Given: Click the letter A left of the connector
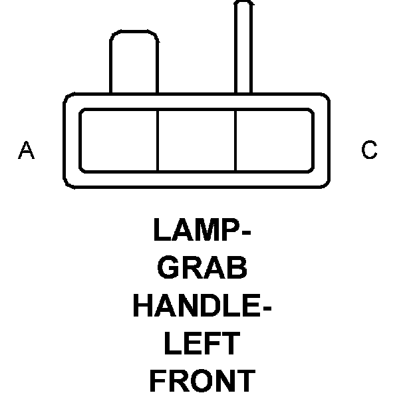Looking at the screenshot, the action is pos(26,150).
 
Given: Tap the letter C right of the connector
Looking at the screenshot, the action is pos(369,150).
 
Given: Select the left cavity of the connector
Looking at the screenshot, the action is pos(119,140).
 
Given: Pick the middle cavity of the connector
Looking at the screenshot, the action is pos(197,140).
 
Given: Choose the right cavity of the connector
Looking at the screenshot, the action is pos(274,140).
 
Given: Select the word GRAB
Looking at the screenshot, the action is pos(204,268).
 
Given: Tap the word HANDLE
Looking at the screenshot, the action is pos(194,306).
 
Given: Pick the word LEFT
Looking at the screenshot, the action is pos(202,344).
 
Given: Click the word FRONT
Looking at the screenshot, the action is pos(202,382).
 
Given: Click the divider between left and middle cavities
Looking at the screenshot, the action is pos(158,140).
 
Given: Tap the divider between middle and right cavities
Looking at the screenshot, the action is pos(236,140).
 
